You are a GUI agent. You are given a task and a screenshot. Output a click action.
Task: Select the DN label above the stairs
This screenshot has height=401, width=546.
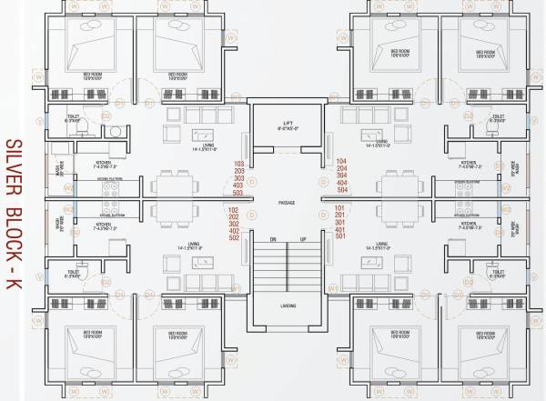pos(272,240)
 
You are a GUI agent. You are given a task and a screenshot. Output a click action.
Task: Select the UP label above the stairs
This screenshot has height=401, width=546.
pos(302,240)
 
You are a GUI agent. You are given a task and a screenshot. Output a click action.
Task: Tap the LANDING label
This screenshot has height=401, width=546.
pos(288,306)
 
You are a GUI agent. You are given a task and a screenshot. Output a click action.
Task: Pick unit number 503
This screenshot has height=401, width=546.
pos(240,193)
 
